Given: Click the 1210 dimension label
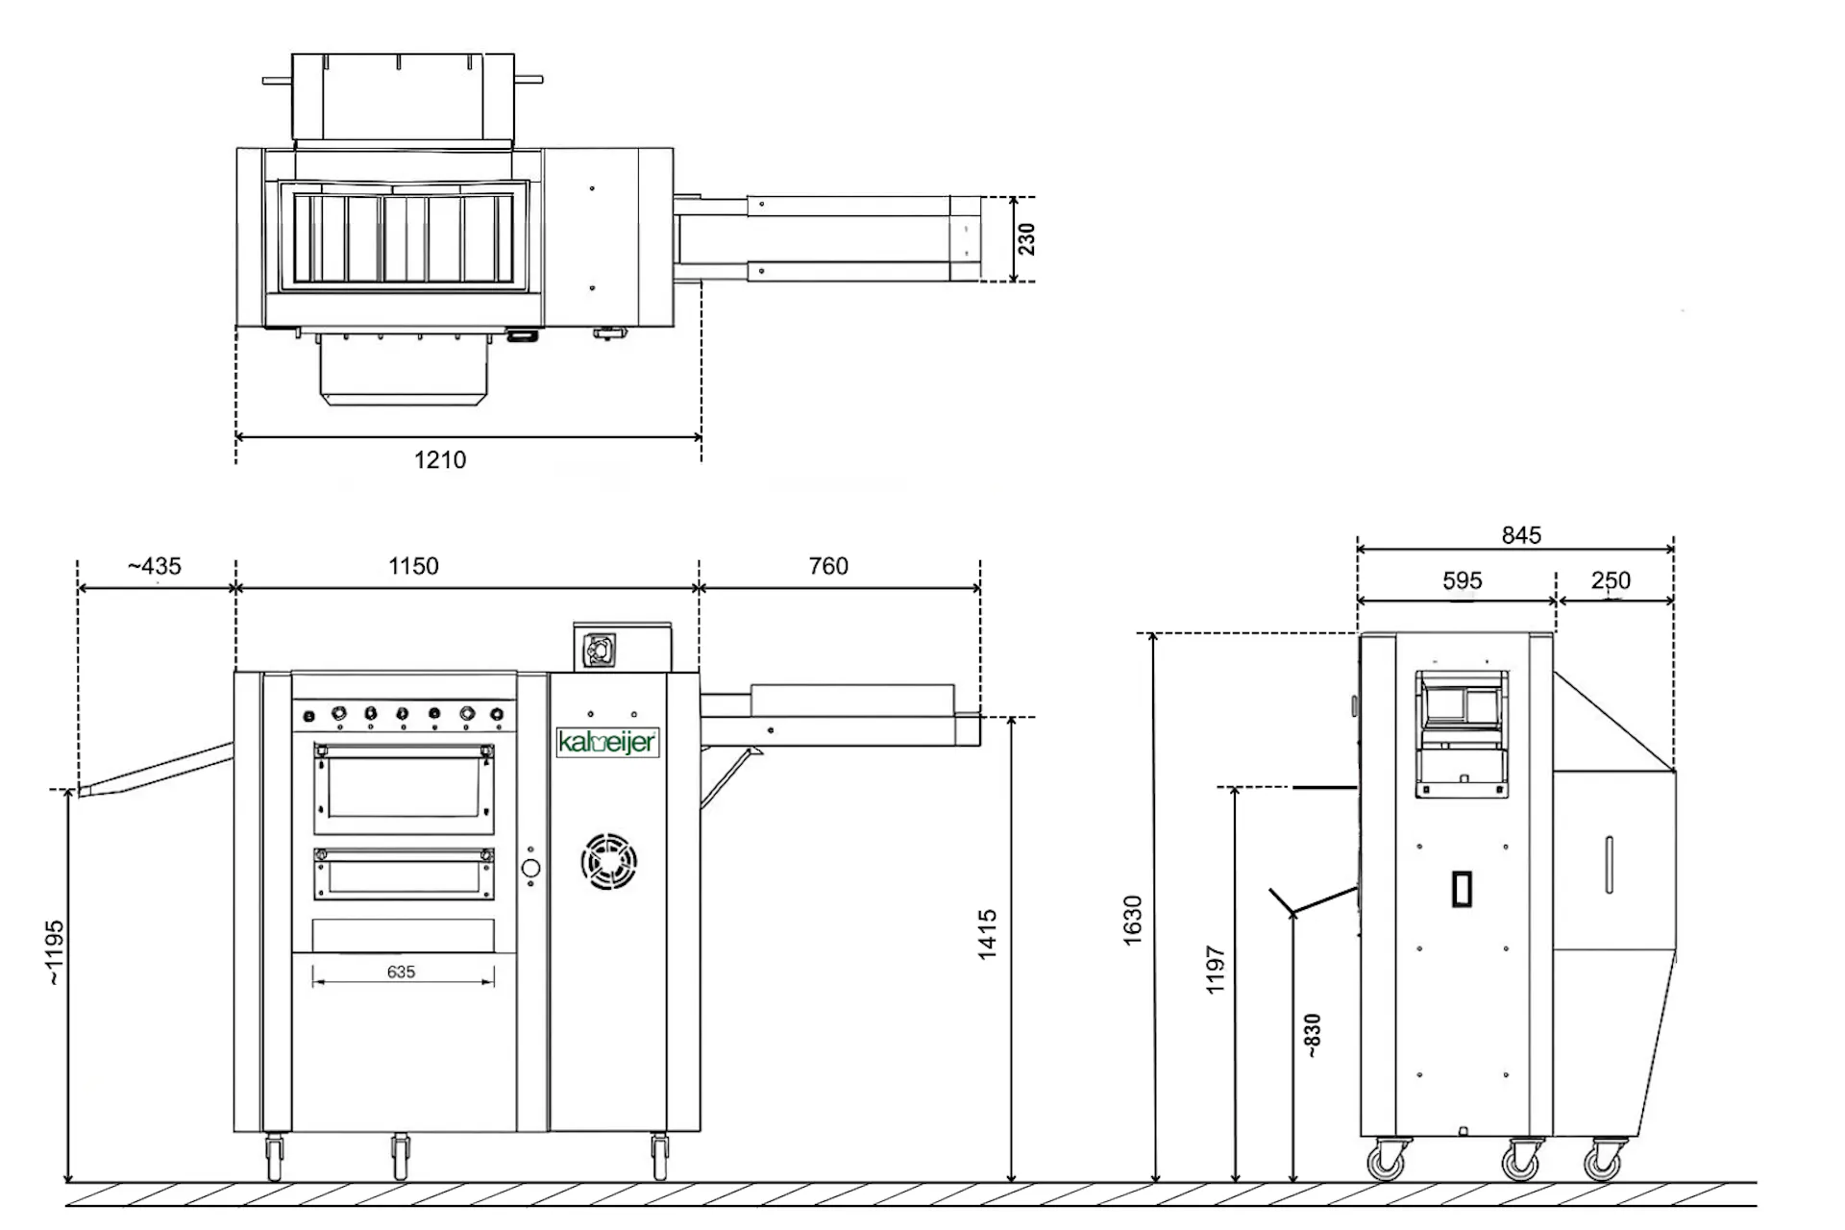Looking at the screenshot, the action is tap(440, 460).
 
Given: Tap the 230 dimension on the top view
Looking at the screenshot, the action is tap(1027, 239).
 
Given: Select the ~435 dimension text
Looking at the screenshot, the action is tap(154, 566).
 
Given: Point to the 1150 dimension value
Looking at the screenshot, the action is tap(413, 566).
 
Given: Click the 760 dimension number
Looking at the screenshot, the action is tap(828, 566).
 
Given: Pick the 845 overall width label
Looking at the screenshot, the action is tap(1521, 535).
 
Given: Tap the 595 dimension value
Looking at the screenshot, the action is tap(1462, 580).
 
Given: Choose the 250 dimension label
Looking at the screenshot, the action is tap(1611, 580).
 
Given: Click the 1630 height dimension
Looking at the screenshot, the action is tap(1132, 920).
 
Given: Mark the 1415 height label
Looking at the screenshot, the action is tap(987, 934).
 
